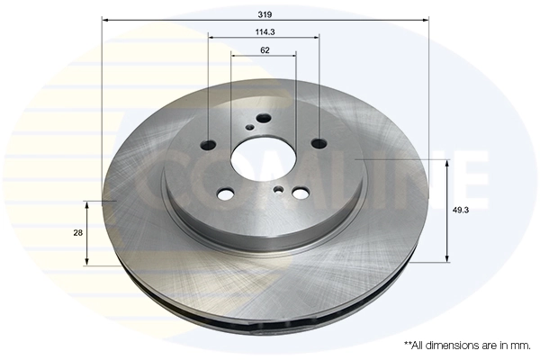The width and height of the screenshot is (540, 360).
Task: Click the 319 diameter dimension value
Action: (265, 15)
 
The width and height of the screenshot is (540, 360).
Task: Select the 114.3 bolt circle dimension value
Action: (265, 31)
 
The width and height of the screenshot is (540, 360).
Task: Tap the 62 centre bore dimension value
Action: (265, 50)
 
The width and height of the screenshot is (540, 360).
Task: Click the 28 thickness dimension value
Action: (79, 232)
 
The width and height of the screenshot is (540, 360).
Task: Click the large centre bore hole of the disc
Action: (261, 160)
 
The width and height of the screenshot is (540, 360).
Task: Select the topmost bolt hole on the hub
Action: (263, 118)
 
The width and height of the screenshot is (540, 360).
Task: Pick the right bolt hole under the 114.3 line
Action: (319, 142)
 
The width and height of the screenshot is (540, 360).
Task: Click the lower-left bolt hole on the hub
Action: (226, 193)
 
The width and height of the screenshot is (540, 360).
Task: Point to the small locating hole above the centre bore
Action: (249, 128)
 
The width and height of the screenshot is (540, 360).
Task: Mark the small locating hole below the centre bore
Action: (280, 189)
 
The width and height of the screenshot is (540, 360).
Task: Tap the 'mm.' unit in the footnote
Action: (519, 346)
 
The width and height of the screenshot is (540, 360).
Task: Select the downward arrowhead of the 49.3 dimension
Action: (447, 257)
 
